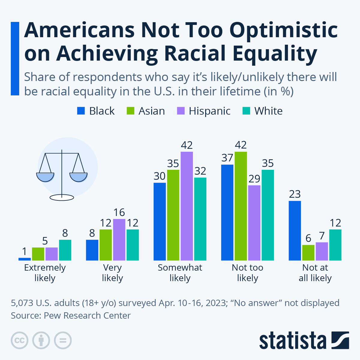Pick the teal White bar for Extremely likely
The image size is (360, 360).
(65, 250)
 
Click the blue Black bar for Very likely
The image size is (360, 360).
(92, 250)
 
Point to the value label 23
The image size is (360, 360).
(295, 194)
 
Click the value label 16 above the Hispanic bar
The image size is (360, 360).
(119, 212)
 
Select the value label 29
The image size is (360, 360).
(254, 179)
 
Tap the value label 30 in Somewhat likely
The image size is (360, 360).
(160, 176)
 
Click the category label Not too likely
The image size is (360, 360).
(247, 273)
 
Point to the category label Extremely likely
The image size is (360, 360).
(45, 273)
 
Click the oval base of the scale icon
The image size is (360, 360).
(62, 197)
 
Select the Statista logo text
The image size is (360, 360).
(293, 340)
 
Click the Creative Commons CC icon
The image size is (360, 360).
(19, 340)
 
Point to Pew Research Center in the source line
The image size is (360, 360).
(87, 316)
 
